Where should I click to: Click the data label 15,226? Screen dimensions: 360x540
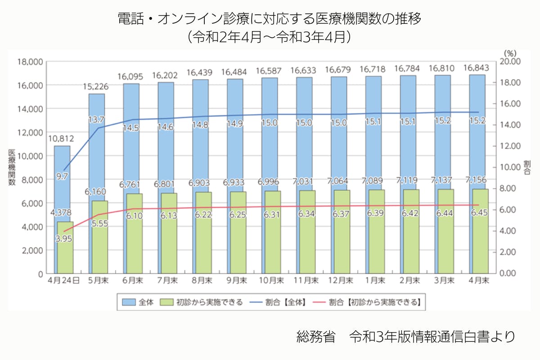point(96,87)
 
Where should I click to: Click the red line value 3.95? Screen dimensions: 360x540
point(64,239)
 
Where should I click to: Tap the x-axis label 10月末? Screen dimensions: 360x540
point(271,280)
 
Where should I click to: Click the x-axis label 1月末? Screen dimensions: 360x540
point(375,280)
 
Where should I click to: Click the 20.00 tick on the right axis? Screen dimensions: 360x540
point(511,62)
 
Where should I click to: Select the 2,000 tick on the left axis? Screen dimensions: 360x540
point(31,250)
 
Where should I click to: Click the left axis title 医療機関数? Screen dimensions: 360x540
point(12,166)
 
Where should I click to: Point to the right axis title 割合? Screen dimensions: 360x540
point(527,166)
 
